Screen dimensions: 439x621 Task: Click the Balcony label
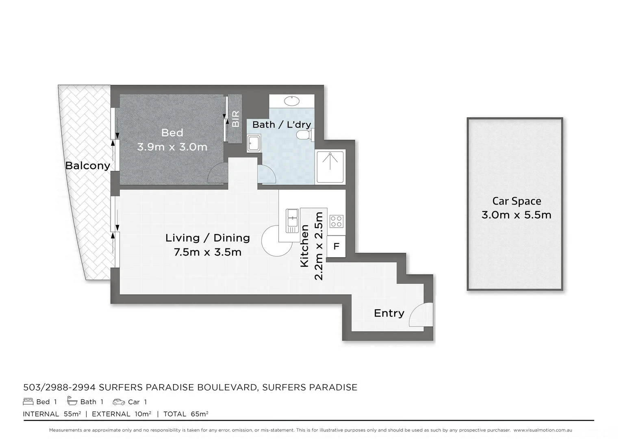[87, 165]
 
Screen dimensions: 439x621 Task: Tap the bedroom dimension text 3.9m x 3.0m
[172, 147]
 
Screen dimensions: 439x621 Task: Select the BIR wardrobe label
[235, 119]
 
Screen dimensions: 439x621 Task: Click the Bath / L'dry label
[281, 124]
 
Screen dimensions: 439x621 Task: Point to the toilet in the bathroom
[304, 135]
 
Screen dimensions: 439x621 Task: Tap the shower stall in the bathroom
[330, 166]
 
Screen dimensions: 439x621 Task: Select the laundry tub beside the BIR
[254, 143]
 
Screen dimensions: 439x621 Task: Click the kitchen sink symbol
[292, 220]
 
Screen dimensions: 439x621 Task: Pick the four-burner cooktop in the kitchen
[336, 222]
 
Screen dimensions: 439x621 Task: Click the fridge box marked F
[336, 246]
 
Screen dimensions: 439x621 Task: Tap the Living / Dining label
[207, 238]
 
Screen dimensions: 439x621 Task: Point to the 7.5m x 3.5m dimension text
[207, 252]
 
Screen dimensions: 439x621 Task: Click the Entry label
[389, 313]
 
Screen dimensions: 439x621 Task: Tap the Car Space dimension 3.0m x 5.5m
[516, 215]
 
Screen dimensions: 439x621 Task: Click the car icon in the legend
[119, 402]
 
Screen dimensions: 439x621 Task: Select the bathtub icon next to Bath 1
[72, 402]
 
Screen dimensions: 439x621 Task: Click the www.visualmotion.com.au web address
[543, 430]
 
